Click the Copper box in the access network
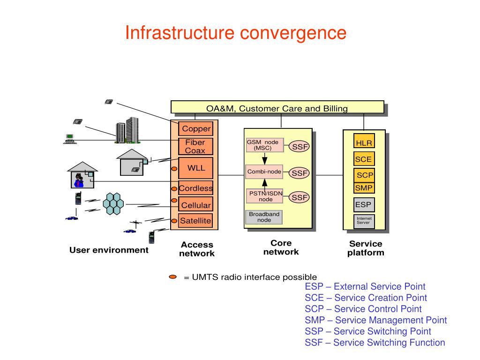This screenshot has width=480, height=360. point(195,128)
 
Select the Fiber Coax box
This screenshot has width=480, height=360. point(195,147)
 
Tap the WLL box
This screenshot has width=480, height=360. point(195,168)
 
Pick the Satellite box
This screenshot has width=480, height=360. point(195,221)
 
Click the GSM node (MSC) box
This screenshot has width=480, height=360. point(264,145)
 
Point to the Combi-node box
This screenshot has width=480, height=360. point(264,172)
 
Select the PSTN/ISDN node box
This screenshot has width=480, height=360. point(264,196)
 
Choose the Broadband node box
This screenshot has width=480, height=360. point(264,217)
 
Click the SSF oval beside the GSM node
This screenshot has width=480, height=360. point(300,147)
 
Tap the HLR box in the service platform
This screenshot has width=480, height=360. point(364,141)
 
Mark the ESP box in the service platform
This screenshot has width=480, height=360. point(364,205)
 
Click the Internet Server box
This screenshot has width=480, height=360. point(364,221)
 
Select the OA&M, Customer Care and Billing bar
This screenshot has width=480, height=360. point(277,107)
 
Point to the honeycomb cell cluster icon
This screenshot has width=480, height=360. point(113,203)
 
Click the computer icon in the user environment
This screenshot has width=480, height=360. point(70,139)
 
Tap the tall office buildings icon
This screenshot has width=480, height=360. point(127,130)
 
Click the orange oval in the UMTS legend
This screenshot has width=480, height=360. point(173,277)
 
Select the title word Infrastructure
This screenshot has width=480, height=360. point(180,32)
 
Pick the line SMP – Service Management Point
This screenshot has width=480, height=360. point(375,320)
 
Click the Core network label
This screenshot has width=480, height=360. point(281,247)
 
